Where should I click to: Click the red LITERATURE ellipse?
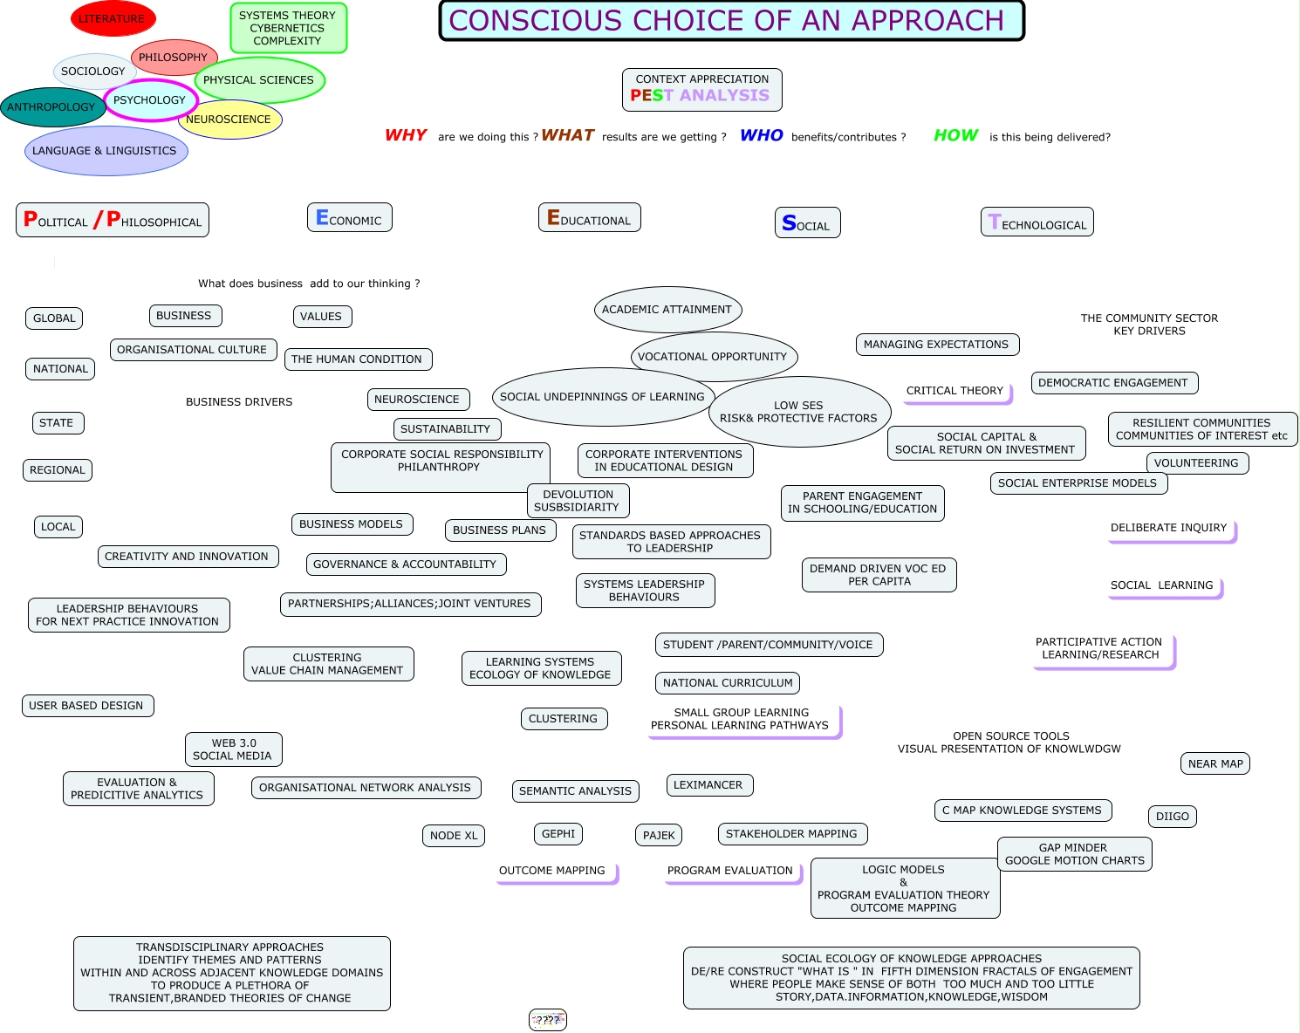pos(113,19)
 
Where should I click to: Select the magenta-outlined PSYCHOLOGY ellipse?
pos(150,100)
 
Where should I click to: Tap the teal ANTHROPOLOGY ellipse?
pos(51,107)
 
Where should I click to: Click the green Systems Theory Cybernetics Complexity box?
pos(288,28)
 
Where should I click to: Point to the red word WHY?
pos(406,135)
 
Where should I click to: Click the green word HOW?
pos(956,135)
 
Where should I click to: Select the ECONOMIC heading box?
pos(349,218)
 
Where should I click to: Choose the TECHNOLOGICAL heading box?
pos(1037,222)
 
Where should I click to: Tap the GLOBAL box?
pos(54,318)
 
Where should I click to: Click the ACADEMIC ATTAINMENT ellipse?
pos(667,310)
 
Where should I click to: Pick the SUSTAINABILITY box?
pos(446,429)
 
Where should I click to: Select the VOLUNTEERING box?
pos(1196,463)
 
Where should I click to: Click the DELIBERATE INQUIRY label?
pos(1169,529)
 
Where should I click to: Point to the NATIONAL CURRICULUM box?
pos(728,683)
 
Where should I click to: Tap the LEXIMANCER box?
pos(708,785)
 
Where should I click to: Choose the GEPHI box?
pos(558,834)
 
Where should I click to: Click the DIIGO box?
pos(1173,817)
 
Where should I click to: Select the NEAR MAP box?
pos(1215,764)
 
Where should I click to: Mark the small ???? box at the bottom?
pos(548,1020)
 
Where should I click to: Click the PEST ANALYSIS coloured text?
pos(701,96)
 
